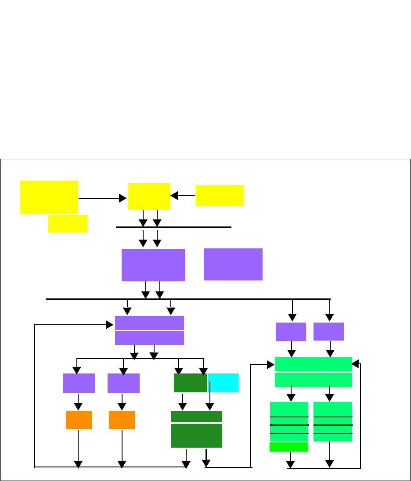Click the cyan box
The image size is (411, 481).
[223, 383]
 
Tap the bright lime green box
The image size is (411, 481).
[288, 447]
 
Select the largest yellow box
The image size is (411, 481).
[49, 197]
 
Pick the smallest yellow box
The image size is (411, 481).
[68, 223]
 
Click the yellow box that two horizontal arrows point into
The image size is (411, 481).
[149, 196]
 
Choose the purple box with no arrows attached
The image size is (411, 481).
[233, 264]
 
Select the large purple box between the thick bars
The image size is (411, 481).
[153, 265]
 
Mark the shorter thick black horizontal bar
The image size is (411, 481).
[173, 227]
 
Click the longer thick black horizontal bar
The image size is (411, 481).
[188, 299]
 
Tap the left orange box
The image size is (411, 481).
[79, 420]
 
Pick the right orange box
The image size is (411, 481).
[122, 420]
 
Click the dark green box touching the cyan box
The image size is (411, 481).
[190, 383]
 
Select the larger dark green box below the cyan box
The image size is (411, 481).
[196, 429]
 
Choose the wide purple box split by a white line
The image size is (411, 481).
[149, 330]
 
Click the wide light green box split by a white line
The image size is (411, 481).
[313, 372]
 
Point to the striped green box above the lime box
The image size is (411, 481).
[289, 421]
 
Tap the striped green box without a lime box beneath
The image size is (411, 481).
[332, 421]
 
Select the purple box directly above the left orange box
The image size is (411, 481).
[79, 383]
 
